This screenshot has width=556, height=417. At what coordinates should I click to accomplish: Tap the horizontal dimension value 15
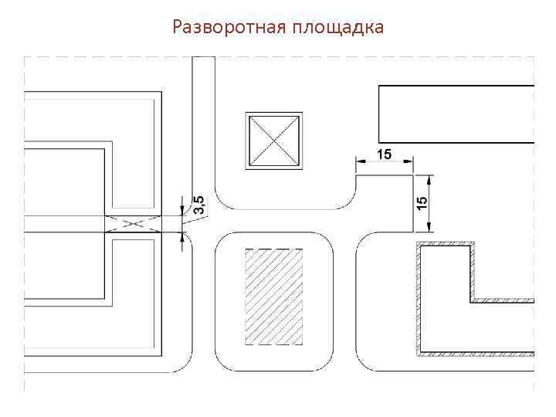pyautogui.click(x=384, y=154)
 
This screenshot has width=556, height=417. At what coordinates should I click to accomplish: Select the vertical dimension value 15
pyautogui.click(x=422, y=203)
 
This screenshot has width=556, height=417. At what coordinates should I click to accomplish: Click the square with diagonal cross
pyautogui.click(x=273, y=140)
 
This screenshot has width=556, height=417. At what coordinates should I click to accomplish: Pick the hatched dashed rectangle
pyautogui.click(x=273, y=297)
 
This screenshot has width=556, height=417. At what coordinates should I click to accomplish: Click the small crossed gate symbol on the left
pyautogui.click(x=132, y=224)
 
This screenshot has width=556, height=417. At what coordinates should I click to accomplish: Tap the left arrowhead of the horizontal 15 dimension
pyautogui.click(x=359, y=161)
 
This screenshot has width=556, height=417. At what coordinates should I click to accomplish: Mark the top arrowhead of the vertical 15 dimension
pyautogui.click(x=429, y=178)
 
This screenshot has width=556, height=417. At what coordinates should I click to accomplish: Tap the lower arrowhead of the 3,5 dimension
pyautogui.click(x=184, y=237)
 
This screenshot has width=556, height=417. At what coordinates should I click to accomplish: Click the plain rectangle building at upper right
pyautogui.click(x=456, y=114)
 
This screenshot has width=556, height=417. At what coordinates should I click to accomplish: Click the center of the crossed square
pyautogui.click(x=273, y=140)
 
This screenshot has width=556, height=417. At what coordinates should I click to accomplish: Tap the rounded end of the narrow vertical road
pyautogui.click(x=203, y=60)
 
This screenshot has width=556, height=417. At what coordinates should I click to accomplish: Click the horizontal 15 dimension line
pyautogui.click(x=385, y=161)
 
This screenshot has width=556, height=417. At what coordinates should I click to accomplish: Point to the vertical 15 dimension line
pyautogui.click(x=429, y=203)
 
